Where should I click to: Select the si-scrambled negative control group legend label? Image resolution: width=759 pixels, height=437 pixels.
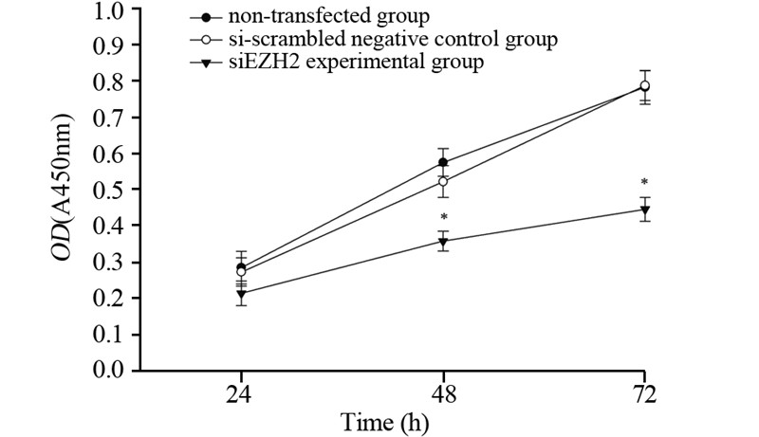379,40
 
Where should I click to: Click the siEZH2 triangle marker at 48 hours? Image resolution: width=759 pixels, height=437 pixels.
443,243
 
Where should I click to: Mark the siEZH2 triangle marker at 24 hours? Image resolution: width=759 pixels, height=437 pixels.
241,295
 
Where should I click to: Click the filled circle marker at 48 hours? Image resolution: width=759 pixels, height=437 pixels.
443,163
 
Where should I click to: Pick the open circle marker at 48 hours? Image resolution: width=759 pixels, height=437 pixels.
443,181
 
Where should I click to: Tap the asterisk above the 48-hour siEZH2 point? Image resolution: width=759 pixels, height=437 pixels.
443,217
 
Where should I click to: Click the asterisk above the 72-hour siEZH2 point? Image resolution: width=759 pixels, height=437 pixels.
644,182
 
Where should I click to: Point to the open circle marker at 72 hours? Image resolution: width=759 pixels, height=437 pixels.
645,86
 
